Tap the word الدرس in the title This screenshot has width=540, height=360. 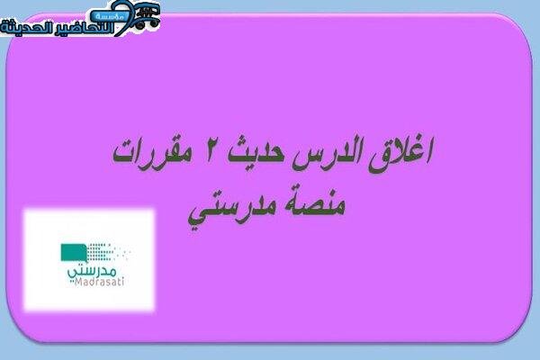328,154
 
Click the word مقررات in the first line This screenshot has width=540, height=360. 148,153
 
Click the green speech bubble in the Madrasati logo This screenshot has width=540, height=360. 74,253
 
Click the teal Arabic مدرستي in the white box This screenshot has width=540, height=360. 92,271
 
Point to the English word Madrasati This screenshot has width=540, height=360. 99,282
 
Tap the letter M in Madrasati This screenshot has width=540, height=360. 78,282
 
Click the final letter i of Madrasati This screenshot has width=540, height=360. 122,282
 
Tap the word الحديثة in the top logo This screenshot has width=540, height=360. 26,27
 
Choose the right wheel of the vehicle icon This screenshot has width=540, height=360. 155,22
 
